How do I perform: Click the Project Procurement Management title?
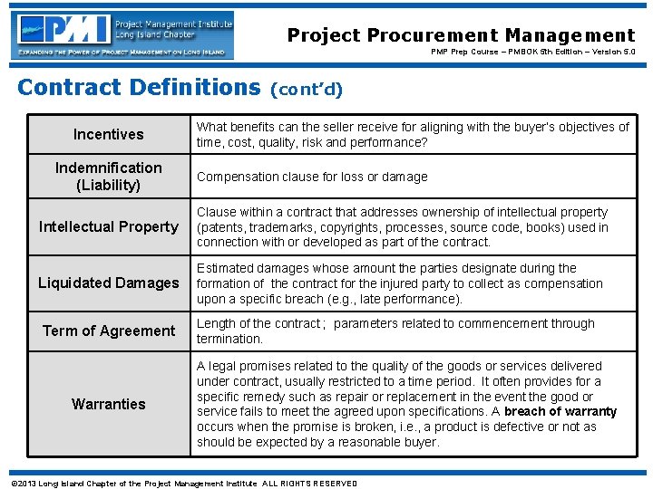click(461, 35)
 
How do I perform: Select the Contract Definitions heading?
click(139, 87)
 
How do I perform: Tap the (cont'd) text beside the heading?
click(306, 89)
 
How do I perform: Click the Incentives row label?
click(108, 134)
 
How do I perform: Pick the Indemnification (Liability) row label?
click(108, 177)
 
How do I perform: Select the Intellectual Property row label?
click(108, 226)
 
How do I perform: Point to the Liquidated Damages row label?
click(108, 283)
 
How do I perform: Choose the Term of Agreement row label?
click(108, 331)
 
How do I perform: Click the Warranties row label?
click(108, 404)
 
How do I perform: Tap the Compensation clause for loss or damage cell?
click(312, 177)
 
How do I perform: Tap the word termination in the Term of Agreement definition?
click(229, 339)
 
